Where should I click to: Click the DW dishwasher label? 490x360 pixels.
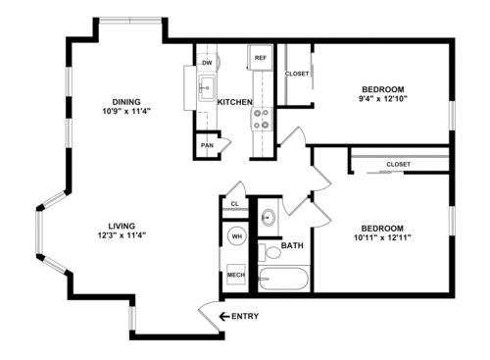[207, 63]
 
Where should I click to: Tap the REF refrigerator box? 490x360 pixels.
[260, 58]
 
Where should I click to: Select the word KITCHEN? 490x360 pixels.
[235, 102]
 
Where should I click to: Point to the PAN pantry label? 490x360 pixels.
[207, 145]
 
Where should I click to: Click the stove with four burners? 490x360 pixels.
[262, 119]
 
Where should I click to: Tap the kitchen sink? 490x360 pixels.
[207, 85]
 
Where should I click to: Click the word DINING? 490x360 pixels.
[126, 101]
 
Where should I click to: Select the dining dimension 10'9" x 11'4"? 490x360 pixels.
[126, 111]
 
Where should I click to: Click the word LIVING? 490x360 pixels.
[122, 225]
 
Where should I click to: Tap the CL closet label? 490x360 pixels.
[233, 204]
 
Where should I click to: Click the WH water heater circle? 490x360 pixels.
[236, 236]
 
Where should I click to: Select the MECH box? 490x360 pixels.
[236, 276]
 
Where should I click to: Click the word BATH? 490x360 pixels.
[292, 245]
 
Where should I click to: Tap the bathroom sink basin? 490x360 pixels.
[269, 218]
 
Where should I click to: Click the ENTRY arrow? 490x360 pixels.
[224, 316]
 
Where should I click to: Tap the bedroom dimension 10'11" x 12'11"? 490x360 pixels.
[382, 235]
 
